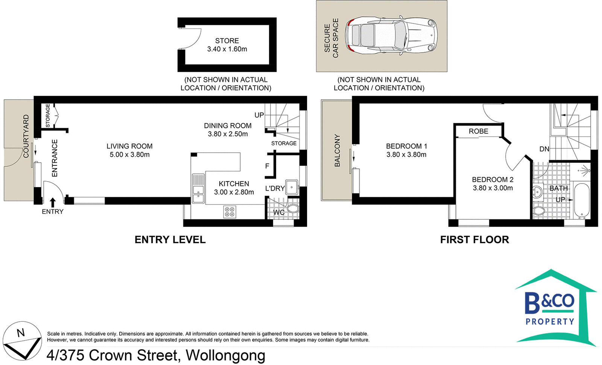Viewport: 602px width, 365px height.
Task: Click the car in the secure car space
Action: point(391,35)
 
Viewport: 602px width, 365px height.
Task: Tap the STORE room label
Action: point(227,41)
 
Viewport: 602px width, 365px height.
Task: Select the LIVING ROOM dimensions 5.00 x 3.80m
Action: point(129,155)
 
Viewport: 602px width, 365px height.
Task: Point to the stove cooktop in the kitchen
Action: point(230,212)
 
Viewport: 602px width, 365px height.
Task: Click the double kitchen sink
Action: point(198,189)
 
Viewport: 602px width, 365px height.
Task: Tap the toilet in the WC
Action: point(293,208)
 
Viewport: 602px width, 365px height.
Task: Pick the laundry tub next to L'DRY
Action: point(292,187)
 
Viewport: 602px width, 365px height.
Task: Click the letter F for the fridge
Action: point(267,166)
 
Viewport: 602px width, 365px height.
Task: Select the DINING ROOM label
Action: point(228,126)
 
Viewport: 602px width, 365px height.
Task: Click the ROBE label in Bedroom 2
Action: point(478,131)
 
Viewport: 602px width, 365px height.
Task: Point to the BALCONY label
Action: point(337,150)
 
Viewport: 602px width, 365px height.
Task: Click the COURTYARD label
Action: point(26,136)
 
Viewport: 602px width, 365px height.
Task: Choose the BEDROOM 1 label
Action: point(406,146)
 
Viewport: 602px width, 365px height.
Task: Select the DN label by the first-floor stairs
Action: point(544,149)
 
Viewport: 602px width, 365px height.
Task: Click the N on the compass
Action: point(21,333)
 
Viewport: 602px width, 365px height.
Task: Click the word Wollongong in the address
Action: point(225,356)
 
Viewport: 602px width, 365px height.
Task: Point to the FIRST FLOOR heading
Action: point(474,239)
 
